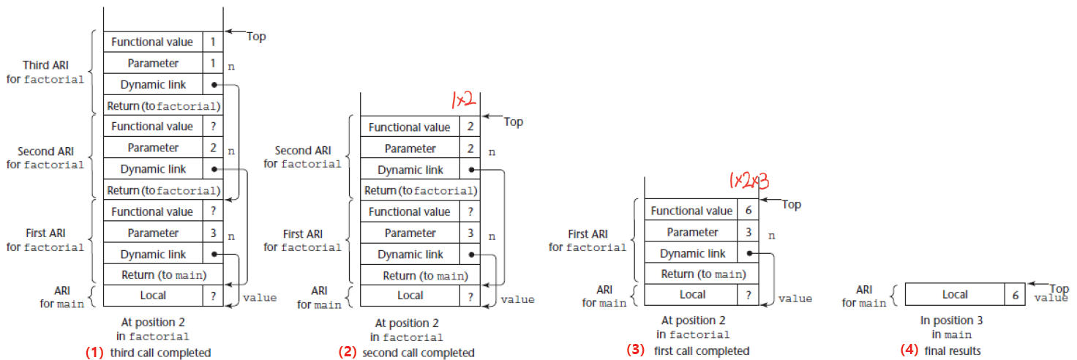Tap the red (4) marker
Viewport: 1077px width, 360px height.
909,350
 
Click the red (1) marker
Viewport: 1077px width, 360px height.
94,352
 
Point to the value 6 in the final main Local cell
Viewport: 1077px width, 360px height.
1015,294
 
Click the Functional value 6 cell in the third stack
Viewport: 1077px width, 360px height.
748,211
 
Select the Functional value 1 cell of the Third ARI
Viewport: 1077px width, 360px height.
212,42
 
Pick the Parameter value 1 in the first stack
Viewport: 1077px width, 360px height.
212,63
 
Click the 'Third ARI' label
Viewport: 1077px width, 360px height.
45,65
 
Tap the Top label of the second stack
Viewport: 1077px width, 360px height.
514,121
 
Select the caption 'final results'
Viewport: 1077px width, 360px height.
950,350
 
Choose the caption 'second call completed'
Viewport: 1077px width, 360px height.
417,353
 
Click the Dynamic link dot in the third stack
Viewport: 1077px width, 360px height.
749,253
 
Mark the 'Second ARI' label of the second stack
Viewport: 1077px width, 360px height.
303,151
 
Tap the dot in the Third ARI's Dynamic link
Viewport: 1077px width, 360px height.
213,84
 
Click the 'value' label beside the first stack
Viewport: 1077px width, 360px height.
260,298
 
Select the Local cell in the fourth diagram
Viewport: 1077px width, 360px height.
955,294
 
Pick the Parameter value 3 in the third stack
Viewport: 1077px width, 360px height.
748,232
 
